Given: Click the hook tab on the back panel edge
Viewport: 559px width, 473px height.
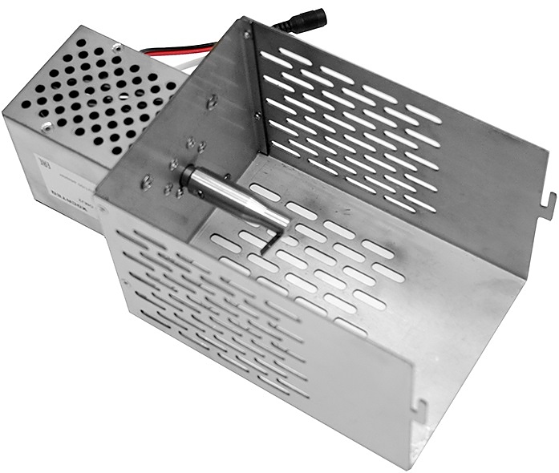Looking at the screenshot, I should click(549, 196).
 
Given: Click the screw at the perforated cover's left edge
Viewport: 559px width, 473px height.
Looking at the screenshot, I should click(47, 125).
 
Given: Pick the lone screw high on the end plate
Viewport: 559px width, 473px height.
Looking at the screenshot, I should click(212, 102).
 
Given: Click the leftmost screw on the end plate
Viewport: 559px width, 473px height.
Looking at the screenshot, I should click(147, 181).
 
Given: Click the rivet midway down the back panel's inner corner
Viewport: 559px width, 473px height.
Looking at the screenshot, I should click(257, 115).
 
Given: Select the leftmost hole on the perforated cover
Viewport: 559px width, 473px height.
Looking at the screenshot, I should click(26, 103).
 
